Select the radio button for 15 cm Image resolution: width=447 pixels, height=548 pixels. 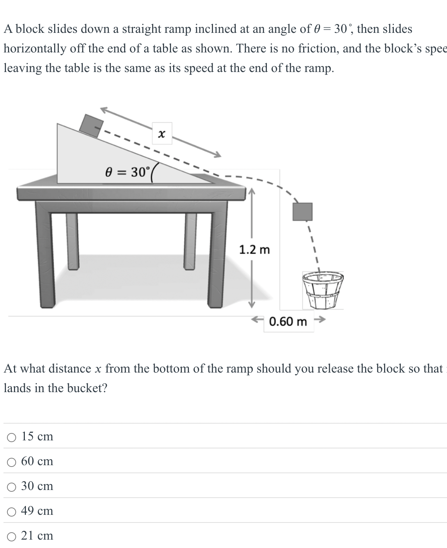click(x=12, y=437)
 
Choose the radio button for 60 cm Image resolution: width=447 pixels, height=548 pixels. click(x=12, y=462)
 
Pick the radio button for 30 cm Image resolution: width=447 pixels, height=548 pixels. click(x=12, y=487)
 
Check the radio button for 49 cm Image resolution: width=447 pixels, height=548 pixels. click(x=12, y=512)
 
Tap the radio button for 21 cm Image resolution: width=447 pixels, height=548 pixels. click(x=12, y=536)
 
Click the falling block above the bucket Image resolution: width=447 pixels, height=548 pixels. click(x=302, y=211)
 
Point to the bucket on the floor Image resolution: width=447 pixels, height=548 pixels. click(x=323, y=290)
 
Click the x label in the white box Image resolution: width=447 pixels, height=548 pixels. click(x=162, y=134)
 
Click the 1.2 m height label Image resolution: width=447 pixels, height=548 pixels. click(x=254, y=250)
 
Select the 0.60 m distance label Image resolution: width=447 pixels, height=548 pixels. click(x=288, y=321)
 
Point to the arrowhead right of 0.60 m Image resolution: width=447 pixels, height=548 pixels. click(x=322, y=319)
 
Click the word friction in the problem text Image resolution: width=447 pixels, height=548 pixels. click(x=318, y=48)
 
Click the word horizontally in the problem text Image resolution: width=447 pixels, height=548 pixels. click(x=35, y=48)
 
